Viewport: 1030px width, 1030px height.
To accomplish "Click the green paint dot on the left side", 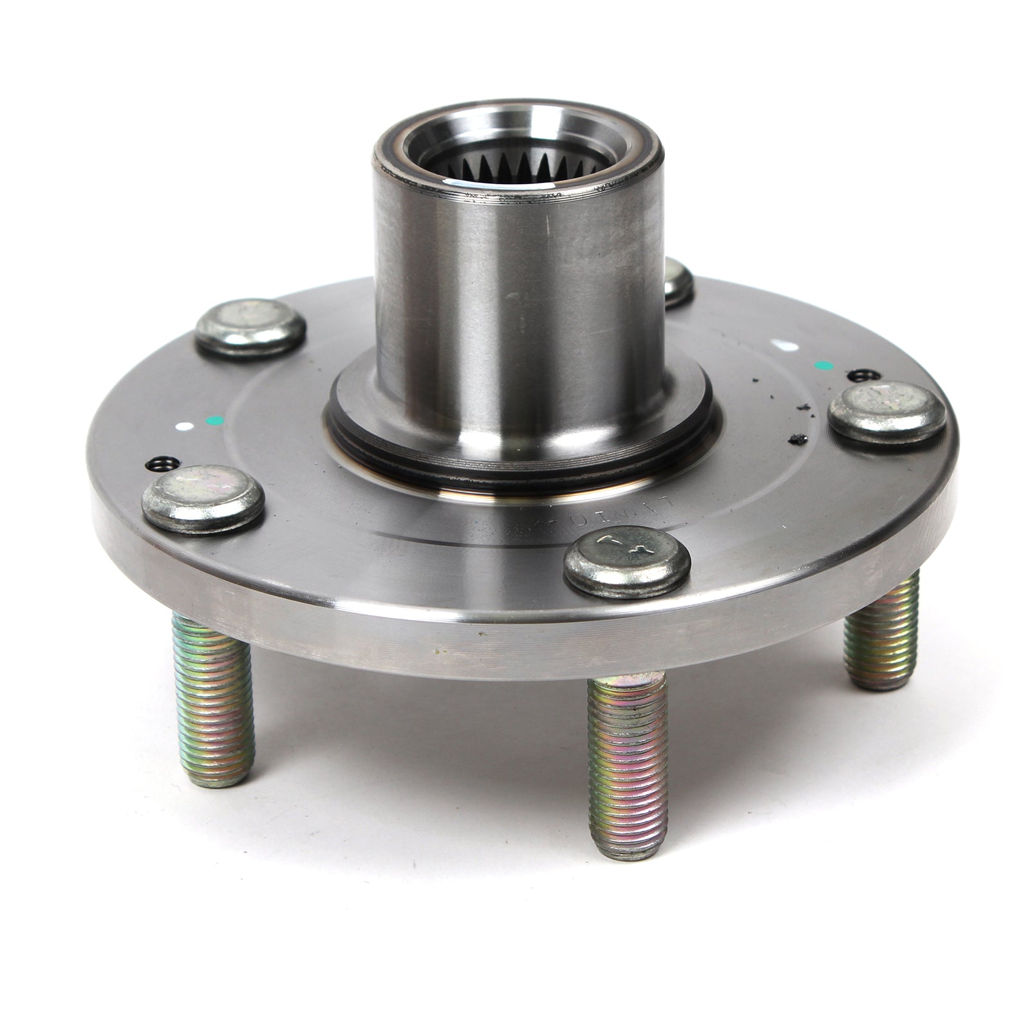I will coord(209,421).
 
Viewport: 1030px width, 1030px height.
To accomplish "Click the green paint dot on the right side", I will coord(821,366).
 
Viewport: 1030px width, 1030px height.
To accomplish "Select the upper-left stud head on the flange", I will coord(250,327).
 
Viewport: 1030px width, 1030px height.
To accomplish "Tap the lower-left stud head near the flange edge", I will coord(202,498).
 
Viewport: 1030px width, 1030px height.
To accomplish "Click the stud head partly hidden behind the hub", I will coord(677,281).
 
